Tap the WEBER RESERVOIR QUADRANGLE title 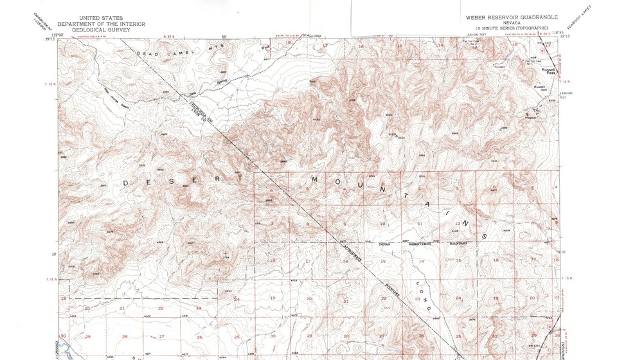[512, 17]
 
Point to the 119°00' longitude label [58, 35]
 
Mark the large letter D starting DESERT [124, 183]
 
